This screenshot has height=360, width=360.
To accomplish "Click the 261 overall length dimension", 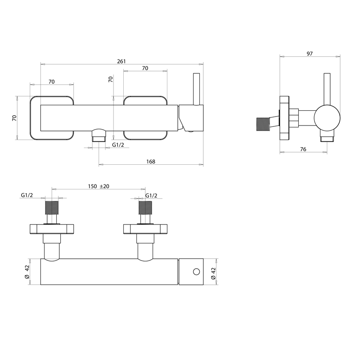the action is (x=121, y=61).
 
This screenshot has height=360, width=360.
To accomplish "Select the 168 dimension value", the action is (x=151, y=162).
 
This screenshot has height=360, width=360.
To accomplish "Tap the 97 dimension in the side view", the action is (x=310, y=54).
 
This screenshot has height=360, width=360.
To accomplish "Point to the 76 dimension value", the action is (x=303, y=149).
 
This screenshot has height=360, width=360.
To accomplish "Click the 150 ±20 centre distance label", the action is (x=99, y=186).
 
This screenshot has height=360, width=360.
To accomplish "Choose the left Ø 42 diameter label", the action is (x=27, y=272).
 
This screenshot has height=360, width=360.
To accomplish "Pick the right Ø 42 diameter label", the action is (x=213, y=274).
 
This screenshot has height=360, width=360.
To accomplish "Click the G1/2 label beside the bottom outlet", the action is (x=118, y=145).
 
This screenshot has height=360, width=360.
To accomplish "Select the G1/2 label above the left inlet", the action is (x=27, y=195).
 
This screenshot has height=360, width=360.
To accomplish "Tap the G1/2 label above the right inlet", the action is (x=151, y=196).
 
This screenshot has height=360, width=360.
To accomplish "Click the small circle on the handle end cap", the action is (x=197, y=272).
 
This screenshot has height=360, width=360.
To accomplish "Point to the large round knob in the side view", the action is (x=327, y=118).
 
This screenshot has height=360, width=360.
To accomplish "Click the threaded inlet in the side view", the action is (x=263, y=124).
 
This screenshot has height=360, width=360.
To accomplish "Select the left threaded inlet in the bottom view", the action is (x=52, y=208).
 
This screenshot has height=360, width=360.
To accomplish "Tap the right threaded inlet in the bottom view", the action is (x=145, y=208).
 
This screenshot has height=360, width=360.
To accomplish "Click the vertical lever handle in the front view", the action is (x=197, y=89).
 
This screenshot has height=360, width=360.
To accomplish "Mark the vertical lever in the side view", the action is (x=327, y=89).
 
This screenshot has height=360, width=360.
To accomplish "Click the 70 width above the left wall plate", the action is (x=52, y=82).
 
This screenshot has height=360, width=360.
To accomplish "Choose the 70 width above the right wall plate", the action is (x=145, y=68).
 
